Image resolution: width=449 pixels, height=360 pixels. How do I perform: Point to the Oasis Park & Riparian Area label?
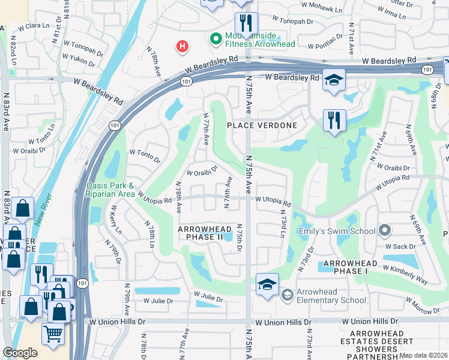tap(110, 190)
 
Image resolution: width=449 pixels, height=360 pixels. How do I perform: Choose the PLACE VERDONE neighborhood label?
tap(262, 125)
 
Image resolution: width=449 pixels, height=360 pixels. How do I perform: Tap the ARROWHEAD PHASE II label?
tap(200, 233)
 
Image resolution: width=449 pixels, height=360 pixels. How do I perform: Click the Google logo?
tap(20, 352)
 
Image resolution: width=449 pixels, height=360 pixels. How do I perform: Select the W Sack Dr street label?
tap(400, 247)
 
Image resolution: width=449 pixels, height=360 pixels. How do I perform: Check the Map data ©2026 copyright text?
tap(423, 355)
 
